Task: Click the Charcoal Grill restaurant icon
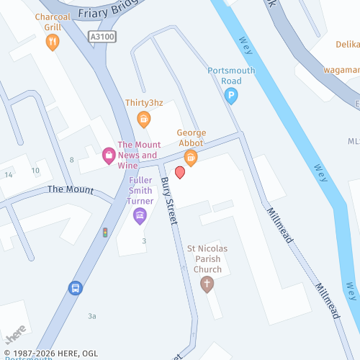point(52,42)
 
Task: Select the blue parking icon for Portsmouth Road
point(231,96)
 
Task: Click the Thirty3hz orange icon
point(144,119)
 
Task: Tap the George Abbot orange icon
point(191,156)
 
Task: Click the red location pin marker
point(180,172)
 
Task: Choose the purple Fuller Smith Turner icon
point(140,215)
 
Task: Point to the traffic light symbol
point(105,233)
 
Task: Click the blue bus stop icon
point(74,288)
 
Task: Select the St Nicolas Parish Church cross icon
point(207,283)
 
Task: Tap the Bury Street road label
point(168,201)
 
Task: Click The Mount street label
point(71,189)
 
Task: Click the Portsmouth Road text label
point(231,76)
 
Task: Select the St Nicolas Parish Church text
point(207,258)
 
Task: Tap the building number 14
point(9,175)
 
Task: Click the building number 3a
point(91,316)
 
